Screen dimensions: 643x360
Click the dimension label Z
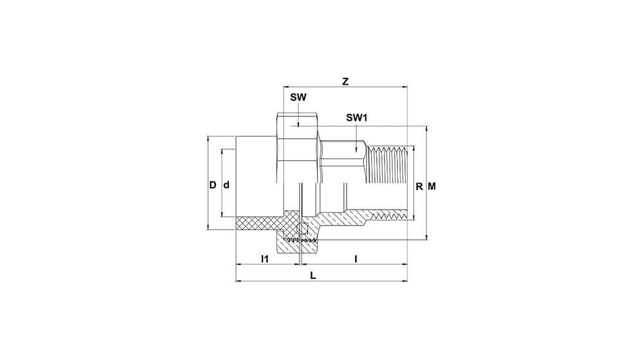pyautogui.click(x=346, y=82)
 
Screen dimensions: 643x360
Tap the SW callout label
pyautogui.click(x=298, y=98)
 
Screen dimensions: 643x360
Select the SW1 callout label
pyautogui.click(x=357, y=118)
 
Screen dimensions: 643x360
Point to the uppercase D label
pyautogui.click(x=212, y=185)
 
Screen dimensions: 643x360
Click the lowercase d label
pyautogui.click(x=226, y=185)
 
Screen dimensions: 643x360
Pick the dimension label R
pyautogui.click(x=419, y=187)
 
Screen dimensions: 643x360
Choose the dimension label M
pyautogui.click(x=432, y=186)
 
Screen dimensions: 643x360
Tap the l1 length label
pyautogui.click(x=265, y=259)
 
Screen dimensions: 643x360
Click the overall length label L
pyautogui.click(x=313, y=276)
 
